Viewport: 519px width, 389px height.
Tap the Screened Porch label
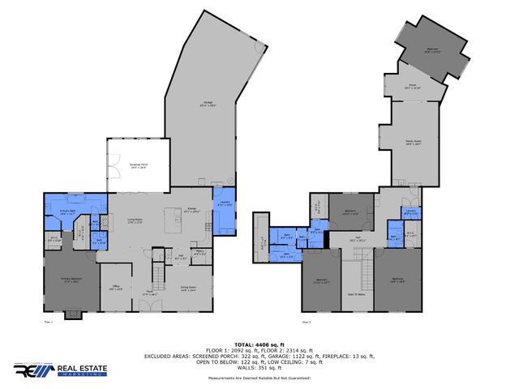[138, 165]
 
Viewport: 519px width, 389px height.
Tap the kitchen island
[173, 219]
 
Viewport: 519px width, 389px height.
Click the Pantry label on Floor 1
[199, 254]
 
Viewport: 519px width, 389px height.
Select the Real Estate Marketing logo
[52, 370]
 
